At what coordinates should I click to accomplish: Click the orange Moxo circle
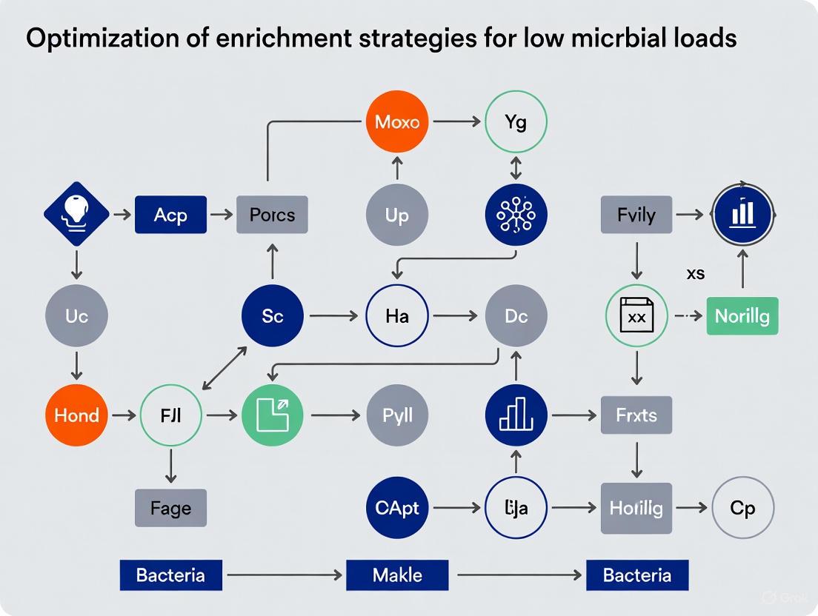397,121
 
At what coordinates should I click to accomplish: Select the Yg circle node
516,121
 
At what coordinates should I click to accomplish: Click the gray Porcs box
272,215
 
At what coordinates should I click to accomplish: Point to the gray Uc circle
76,316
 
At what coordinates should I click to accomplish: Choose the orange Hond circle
76,415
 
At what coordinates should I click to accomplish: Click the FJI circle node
171,415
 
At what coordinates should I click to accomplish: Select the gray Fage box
170,508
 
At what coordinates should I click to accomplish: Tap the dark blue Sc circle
273,316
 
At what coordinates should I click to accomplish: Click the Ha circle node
397,316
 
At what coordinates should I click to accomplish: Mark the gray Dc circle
516,316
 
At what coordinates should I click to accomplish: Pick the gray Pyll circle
397,415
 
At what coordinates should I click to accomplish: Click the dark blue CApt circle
397,508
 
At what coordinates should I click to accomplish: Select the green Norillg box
742,316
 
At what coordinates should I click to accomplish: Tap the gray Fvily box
636,215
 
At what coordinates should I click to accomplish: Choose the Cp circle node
742,508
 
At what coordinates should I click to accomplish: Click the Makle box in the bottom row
397,575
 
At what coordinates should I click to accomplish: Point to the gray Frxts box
636,415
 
